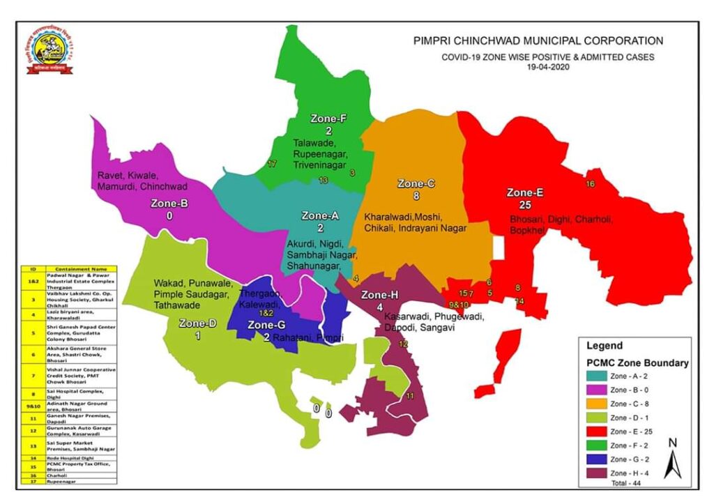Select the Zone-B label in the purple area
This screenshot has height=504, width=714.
click(169, 204)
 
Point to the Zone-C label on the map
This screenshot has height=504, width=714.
click(416, 183)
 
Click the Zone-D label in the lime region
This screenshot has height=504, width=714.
click(198, 323)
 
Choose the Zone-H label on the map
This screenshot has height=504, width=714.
click(379, 295)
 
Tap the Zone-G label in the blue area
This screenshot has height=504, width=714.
click(266, 325)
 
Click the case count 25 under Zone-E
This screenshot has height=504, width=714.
click(525, 205)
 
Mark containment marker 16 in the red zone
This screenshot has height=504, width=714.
click(590, 184)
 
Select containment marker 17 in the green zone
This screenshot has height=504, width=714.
click(273, 164)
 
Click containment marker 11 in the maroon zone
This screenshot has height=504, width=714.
click(410, 396)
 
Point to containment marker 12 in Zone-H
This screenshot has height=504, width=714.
click(403, 344)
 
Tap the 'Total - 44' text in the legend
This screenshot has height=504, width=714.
click(625, 482)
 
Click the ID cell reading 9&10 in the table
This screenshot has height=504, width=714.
click(32, 404)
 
